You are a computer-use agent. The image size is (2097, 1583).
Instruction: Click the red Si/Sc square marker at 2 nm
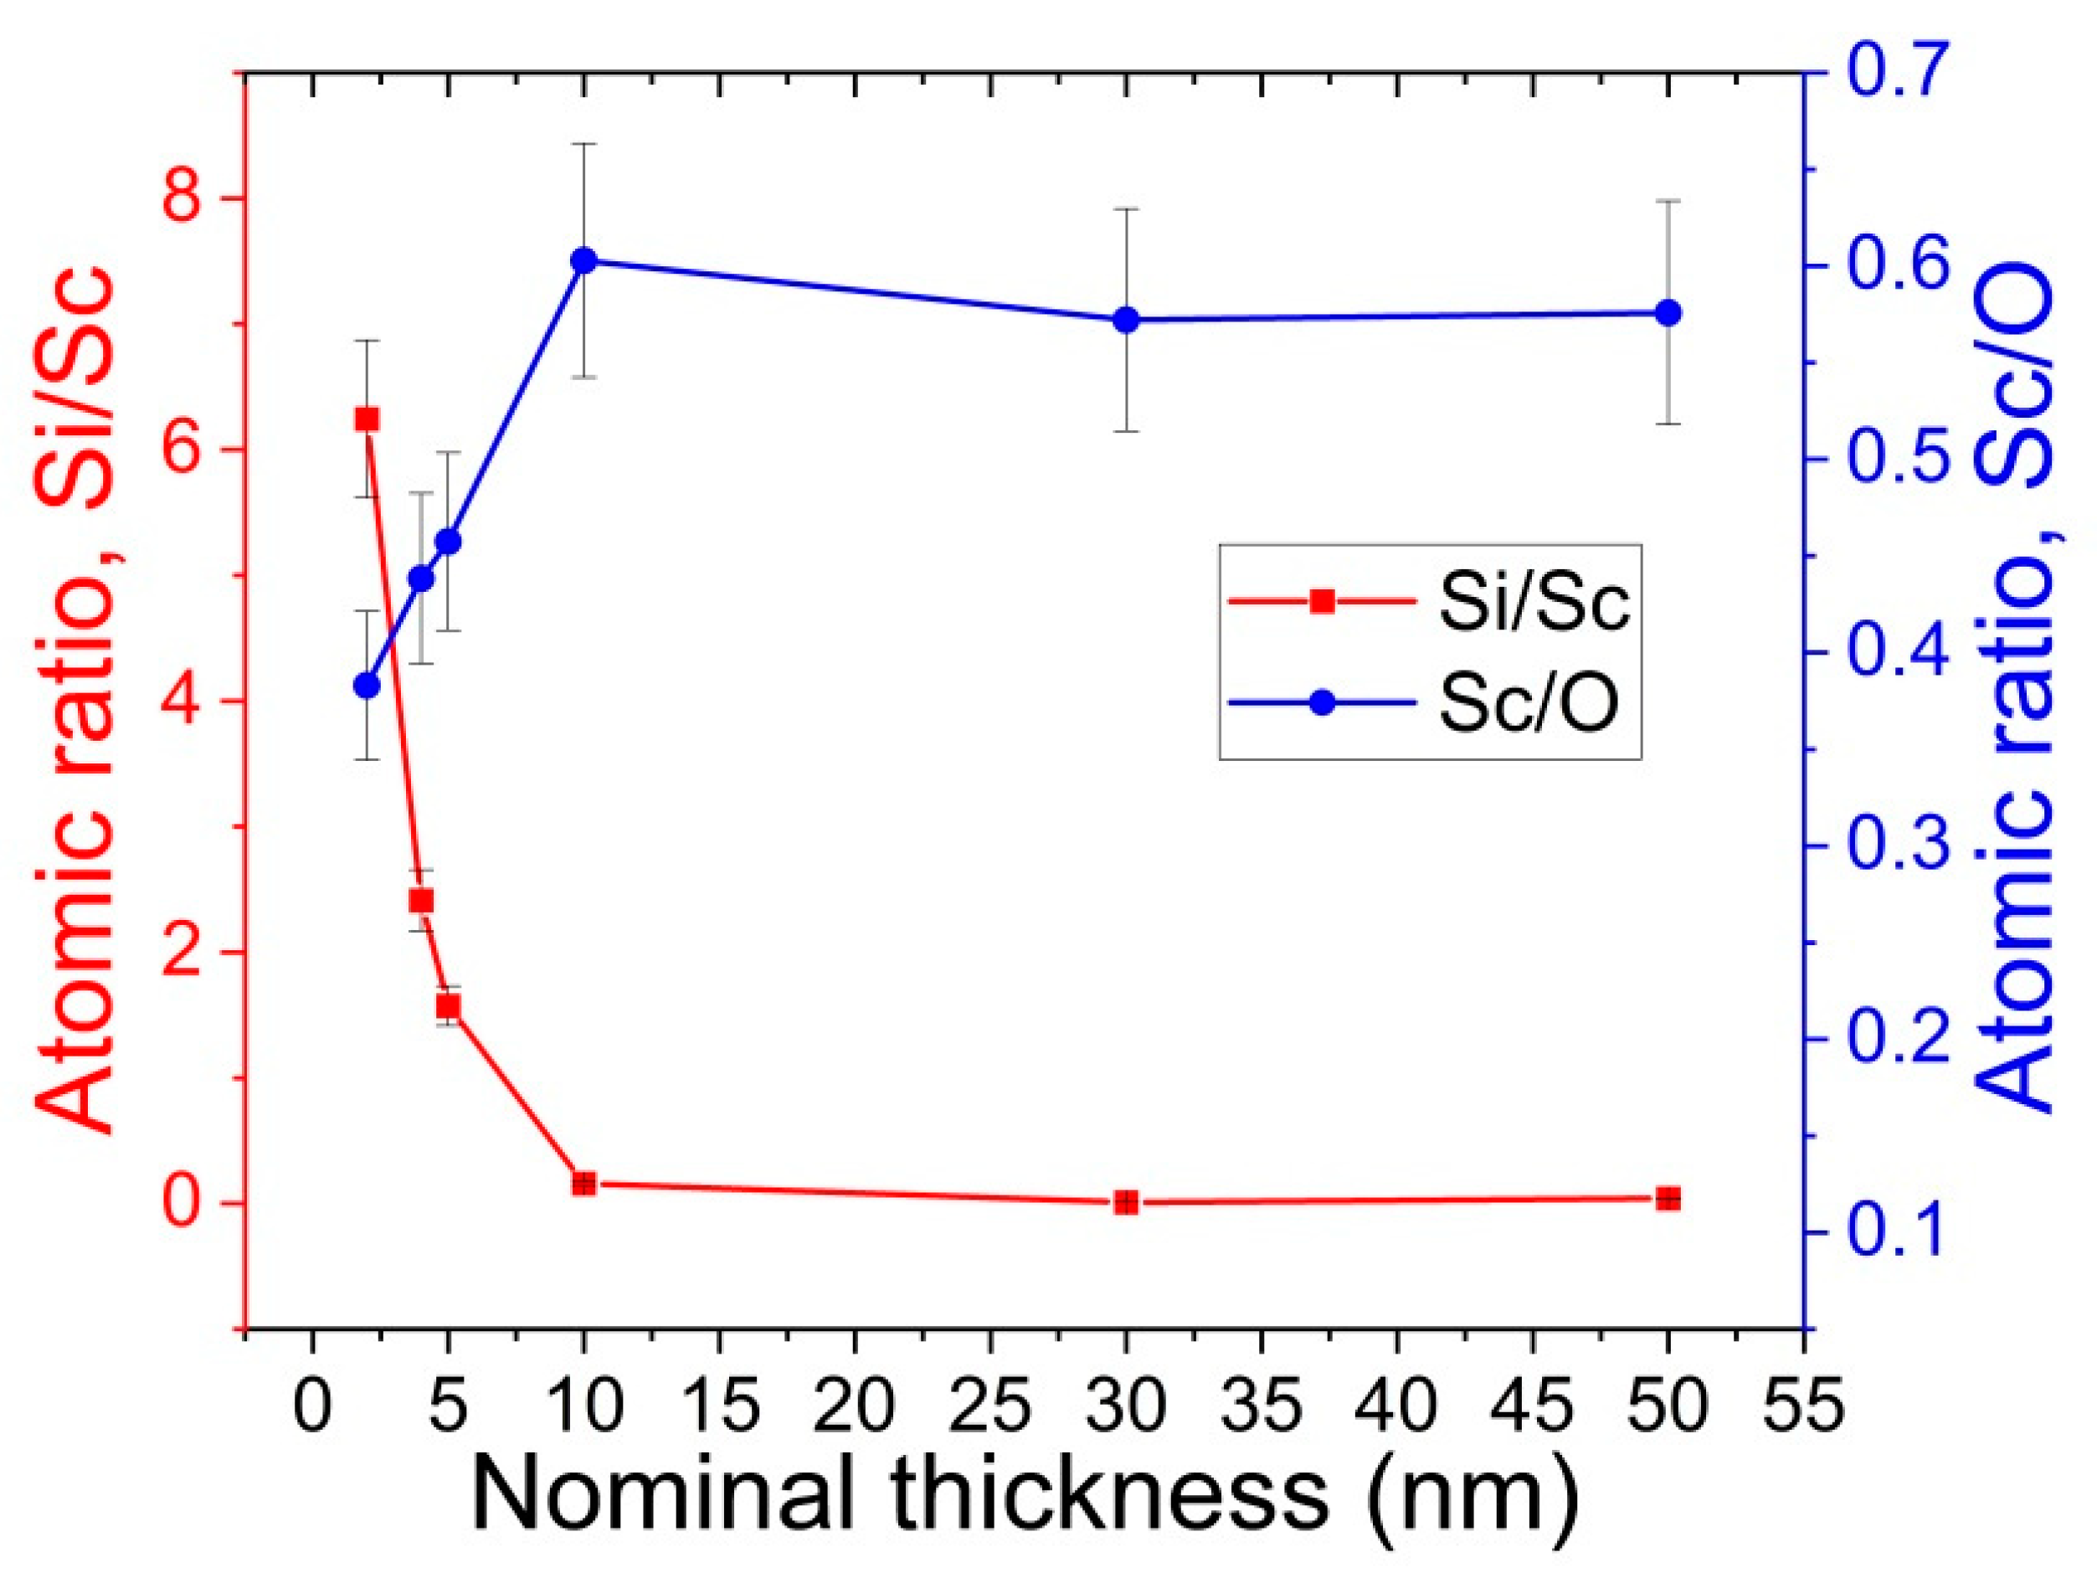pos(367,419)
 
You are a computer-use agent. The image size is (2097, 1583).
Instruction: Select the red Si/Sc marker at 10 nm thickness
pos(584,1184)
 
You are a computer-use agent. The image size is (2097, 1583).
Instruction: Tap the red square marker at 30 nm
pos(1126,1202)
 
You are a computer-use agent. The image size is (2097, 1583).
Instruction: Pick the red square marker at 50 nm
pos(1668,1199)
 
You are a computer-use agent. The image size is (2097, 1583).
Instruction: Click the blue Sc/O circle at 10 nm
pos(584,260)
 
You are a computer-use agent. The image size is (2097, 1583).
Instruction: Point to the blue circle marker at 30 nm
pos(1126,321)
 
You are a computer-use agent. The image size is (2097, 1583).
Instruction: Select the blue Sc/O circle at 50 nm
pos(1668,313)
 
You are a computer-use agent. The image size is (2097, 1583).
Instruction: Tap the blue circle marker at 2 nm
pos(367,686)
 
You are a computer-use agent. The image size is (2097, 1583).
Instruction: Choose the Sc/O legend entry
pos(1426,702)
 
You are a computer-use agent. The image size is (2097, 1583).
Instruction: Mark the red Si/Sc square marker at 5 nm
pos(449,1005)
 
